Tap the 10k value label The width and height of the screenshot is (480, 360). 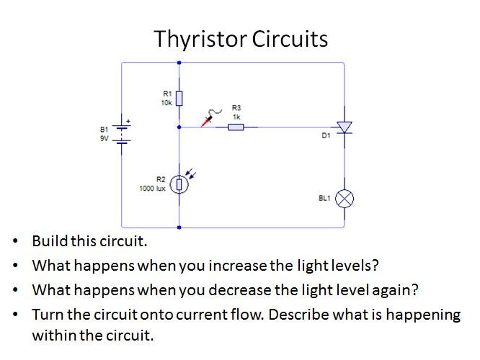(166, 102)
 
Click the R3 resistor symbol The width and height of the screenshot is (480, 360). (236, 127)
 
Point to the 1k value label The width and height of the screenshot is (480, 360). (236, 116)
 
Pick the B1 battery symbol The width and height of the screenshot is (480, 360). (123, 132)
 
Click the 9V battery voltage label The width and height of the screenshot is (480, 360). (105, 137)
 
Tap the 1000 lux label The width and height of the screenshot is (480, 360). (153, 188)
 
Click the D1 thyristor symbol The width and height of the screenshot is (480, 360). (345, 127)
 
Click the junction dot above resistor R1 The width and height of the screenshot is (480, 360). (179, 63)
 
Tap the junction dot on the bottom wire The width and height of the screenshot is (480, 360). (179, 227)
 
